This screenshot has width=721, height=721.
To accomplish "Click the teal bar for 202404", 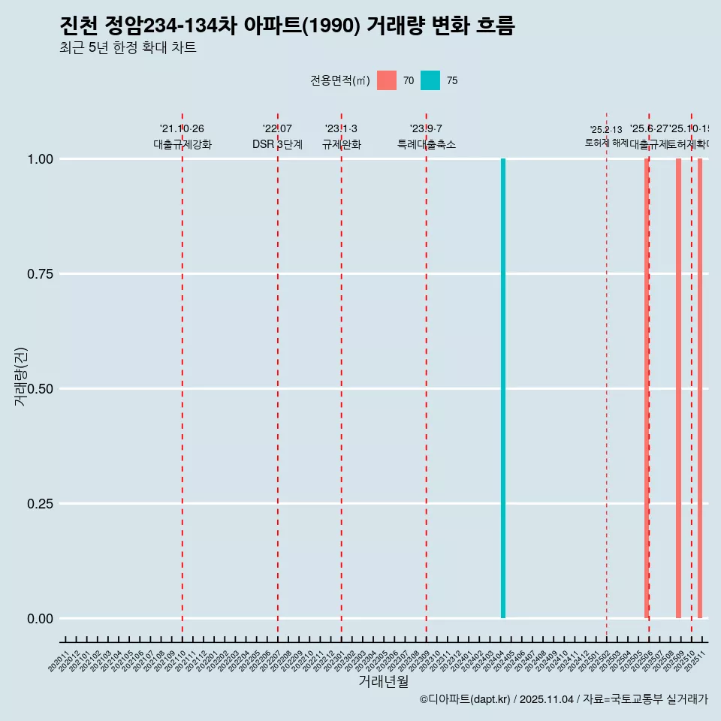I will tap(503, 388).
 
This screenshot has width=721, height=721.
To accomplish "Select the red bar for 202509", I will tap(678, 388).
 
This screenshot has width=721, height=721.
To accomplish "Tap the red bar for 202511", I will tap(700, 388).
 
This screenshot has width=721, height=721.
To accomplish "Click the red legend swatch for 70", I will tap(387, 80).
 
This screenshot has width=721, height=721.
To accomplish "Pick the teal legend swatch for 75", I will tap(430, 80).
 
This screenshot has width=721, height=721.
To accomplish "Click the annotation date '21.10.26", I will tap(182, 129).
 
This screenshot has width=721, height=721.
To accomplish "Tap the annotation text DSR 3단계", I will tap(277, 145).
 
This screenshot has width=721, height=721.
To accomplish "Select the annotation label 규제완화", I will tap(342, 145).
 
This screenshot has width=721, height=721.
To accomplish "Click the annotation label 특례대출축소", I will tap(427, 145).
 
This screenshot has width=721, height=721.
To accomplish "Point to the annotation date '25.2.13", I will tap(606, 130).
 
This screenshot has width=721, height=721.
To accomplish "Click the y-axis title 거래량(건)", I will tap(21, 376).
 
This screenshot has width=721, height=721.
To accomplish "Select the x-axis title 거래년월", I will tap(383, 682).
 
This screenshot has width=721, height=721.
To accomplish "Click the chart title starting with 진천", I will tap(287, 26).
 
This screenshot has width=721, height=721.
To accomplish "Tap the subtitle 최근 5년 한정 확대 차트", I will tap(128, 48).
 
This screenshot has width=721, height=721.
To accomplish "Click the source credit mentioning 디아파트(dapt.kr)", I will tap(563, 699).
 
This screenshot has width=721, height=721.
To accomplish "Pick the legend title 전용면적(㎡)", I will tap(340, 80).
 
